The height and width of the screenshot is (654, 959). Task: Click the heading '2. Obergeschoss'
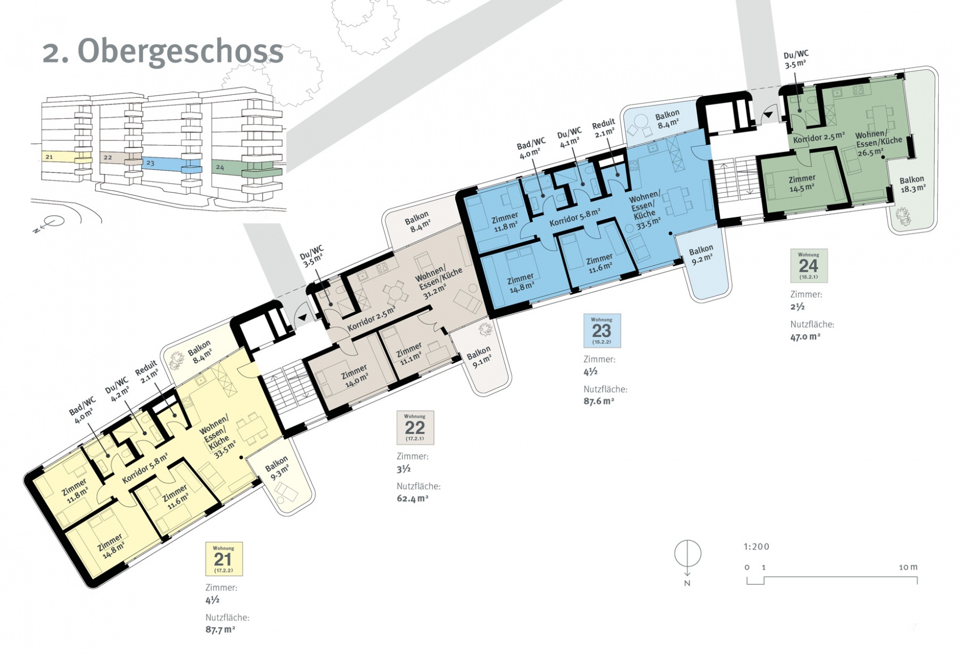coord(163,52)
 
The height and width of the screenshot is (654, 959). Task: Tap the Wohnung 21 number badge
coord(223,559)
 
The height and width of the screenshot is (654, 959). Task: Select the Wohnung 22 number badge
coord(415,427)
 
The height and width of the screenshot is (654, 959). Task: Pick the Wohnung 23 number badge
coord(602,331)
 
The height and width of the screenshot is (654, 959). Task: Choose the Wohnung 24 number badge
coord(809,265)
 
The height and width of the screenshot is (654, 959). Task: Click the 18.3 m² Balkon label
coord(912,184)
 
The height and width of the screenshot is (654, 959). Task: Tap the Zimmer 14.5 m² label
coord(802,183)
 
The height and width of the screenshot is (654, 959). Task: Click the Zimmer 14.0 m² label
coord(355,376)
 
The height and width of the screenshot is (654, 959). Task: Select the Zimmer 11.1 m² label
coord(410,352)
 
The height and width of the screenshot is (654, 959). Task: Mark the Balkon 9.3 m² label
coord(277,468)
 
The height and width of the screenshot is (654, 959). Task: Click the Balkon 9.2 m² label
coord(701,254)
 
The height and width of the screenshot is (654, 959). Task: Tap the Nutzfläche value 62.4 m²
coord(412,498)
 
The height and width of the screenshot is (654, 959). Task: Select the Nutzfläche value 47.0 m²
coord(805,336)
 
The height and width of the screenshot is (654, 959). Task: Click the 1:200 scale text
coord(756,547)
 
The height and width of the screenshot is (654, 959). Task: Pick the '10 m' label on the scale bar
coord(908,567)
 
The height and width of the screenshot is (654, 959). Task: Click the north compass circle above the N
coord(688,554)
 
